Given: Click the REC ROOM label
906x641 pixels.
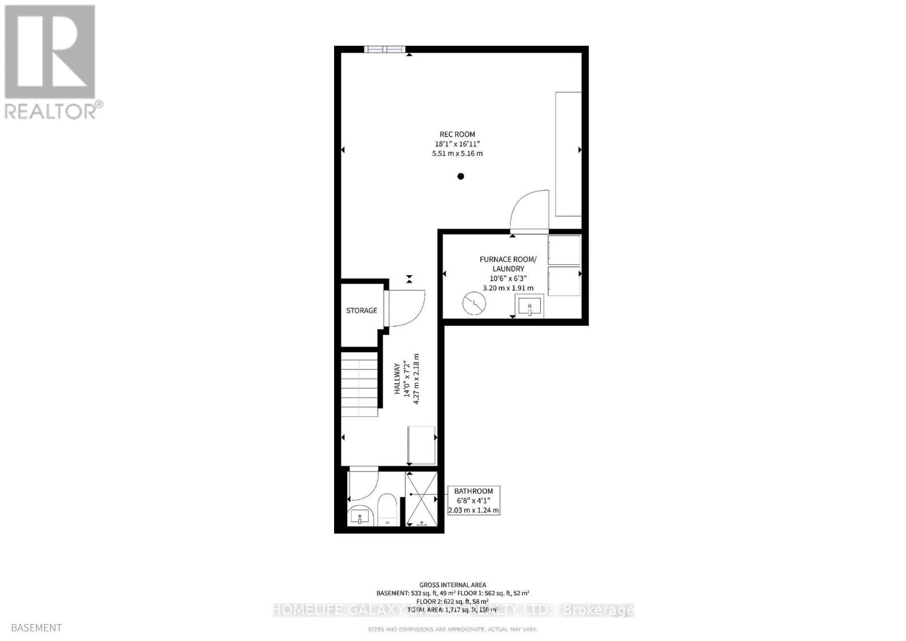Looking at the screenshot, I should (457, 134).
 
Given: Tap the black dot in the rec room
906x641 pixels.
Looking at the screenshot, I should (460, 176).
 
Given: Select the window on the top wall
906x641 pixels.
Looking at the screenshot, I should (384, 49).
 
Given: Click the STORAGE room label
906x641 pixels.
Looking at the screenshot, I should (361, 310).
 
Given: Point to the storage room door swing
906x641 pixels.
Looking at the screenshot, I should (407, 309).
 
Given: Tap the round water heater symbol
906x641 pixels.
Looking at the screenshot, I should (473, 304).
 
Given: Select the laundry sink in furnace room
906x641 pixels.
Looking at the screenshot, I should (529, 306).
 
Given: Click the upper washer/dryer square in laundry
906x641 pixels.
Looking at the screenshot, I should (564, 250).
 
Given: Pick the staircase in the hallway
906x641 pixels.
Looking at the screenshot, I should (359, 384).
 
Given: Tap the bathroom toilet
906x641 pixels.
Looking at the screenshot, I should (388, 509).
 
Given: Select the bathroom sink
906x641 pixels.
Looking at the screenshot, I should (359, 516).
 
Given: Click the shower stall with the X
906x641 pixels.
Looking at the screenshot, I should (421, 498).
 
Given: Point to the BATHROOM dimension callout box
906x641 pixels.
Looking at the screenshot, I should (473, 501).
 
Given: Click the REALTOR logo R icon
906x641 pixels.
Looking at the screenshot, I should (50, 52).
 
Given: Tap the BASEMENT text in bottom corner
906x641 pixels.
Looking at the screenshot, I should (36, 627).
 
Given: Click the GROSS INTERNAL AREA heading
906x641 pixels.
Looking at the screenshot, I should (452, 585).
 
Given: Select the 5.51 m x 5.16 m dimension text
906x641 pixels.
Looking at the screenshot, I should (457, 153).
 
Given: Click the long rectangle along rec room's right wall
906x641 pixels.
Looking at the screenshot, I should (568, 154).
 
